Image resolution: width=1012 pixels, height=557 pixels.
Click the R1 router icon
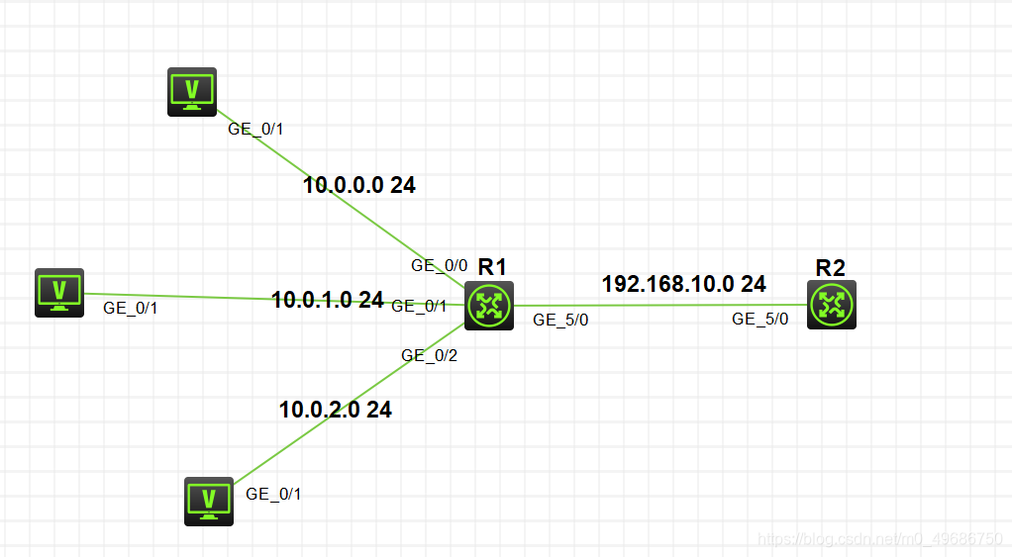[489, 306]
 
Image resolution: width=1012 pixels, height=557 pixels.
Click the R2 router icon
[831, 305]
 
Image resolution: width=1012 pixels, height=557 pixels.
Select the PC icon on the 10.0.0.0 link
[191, 93]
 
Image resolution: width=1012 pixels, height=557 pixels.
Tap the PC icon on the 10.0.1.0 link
[59, 293]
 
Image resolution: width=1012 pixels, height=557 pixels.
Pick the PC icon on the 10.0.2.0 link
[209, 501]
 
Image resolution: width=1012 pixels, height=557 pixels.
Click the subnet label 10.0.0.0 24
[359, 184]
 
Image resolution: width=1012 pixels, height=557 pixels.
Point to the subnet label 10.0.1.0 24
[327, 300]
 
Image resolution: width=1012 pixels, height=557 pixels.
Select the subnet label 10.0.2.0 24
[336, 409]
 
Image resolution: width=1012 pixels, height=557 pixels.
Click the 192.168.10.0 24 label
[683, 284]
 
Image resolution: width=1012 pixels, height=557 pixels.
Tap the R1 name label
[492, 266]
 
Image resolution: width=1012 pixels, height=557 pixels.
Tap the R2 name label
[830, 267]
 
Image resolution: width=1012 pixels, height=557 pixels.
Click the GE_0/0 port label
[440, 265]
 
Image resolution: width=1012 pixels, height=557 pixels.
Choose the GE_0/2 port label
[429, 355]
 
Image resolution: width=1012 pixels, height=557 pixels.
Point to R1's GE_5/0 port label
[560, 320]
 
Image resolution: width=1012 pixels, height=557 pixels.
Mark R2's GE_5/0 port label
[760, 319]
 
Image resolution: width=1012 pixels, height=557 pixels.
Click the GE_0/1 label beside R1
[420, 306]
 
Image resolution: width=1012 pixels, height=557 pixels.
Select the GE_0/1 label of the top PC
[256, 128]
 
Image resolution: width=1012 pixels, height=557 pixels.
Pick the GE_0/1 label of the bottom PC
[273, 494]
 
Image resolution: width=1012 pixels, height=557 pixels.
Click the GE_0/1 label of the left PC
[131, 308]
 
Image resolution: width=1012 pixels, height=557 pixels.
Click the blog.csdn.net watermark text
[879, 539]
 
